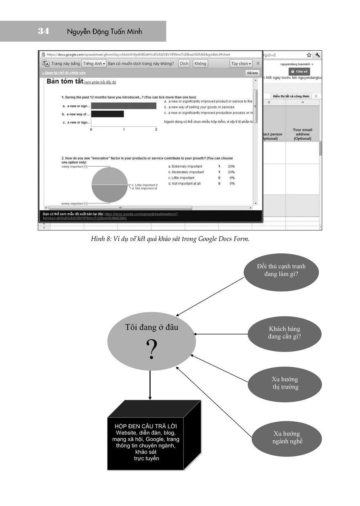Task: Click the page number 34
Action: click(44, 31)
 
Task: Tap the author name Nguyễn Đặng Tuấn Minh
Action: click(104, 32)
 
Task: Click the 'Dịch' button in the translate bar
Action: click(184, 63)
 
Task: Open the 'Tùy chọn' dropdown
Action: click(241, 63)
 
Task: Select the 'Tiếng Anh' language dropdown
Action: click(94, 63)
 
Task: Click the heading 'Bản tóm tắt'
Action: click(65, 82)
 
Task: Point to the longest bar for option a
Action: click(124, 106)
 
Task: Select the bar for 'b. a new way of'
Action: click(107, 114)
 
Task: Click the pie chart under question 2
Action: click(110, 185)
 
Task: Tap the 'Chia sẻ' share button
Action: click(299, 71)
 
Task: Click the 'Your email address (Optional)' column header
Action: click(302, 134)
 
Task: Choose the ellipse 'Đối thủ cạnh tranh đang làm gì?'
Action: click(281, 270)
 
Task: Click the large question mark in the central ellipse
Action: click(152, 349)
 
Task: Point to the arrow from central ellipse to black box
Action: click(150, 384)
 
